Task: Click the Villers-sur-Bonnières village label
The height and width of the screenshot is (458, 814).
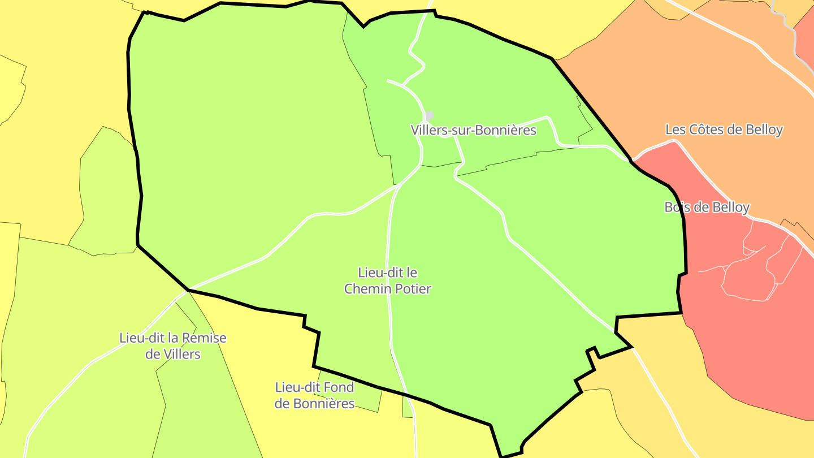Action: tap(473, 130)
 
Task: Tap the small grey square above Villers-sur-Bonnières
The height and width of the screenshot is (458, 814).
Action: tap(430, 115)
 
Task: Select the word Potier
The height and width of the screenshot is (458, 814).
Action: tap(412, 289)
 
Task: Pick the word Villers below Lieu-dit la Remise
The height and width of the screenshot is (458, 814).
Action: tap(181, 355)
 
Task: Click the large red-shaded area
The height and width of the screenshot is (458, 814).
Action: tap(752, 351)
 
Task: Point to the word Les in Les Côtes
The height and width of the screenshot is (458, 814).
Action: tap(675, 129)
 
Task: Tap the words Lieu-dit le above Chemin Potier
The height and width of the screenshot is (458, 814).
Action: tap(388, 273)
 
